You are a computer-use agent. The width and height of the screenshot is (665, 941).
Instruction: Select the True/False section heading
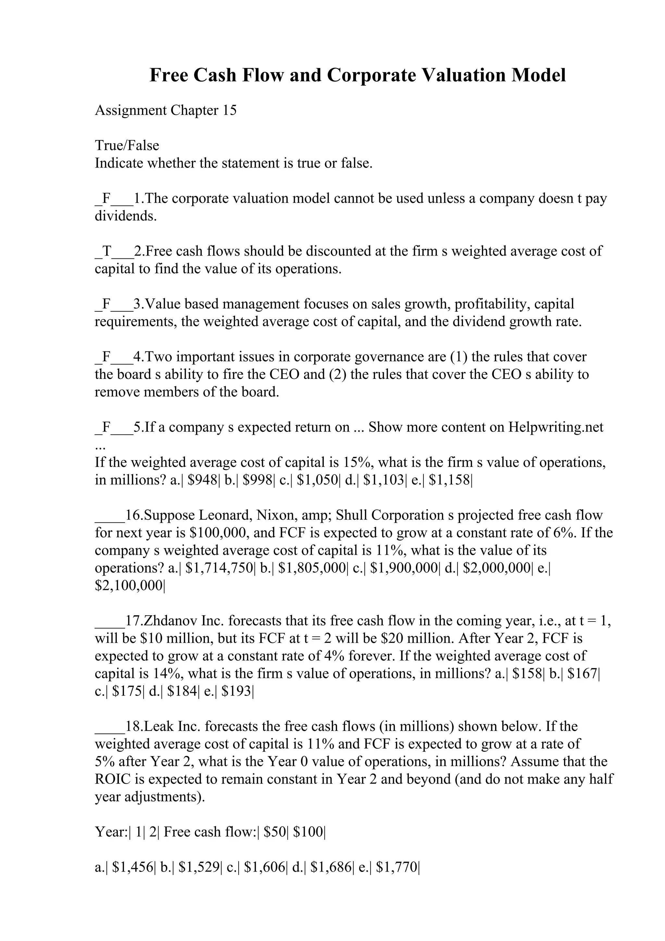coord(127,145)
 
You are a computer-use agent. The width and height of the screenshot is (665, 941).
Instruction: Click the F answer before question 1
coord(107,198)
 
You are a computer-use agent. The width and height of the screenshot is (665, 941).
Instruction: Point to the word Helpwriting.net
coord(556,427)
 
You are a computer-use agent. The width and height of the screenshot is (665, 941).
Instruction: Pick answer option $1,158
coord(449,480)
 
